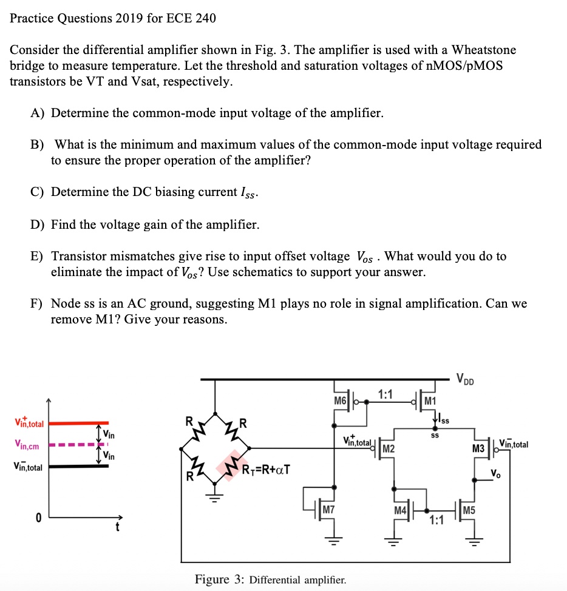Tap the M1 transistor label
(x=430, y=400)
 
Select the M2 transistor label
(x=389, y=448)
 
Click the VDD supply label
(x=467, y=380)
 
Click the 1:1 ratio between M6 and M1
(x=384, y=394)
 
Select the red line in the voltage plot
(x=79, y=423)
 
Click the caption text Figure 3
(x=220, y=579)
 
